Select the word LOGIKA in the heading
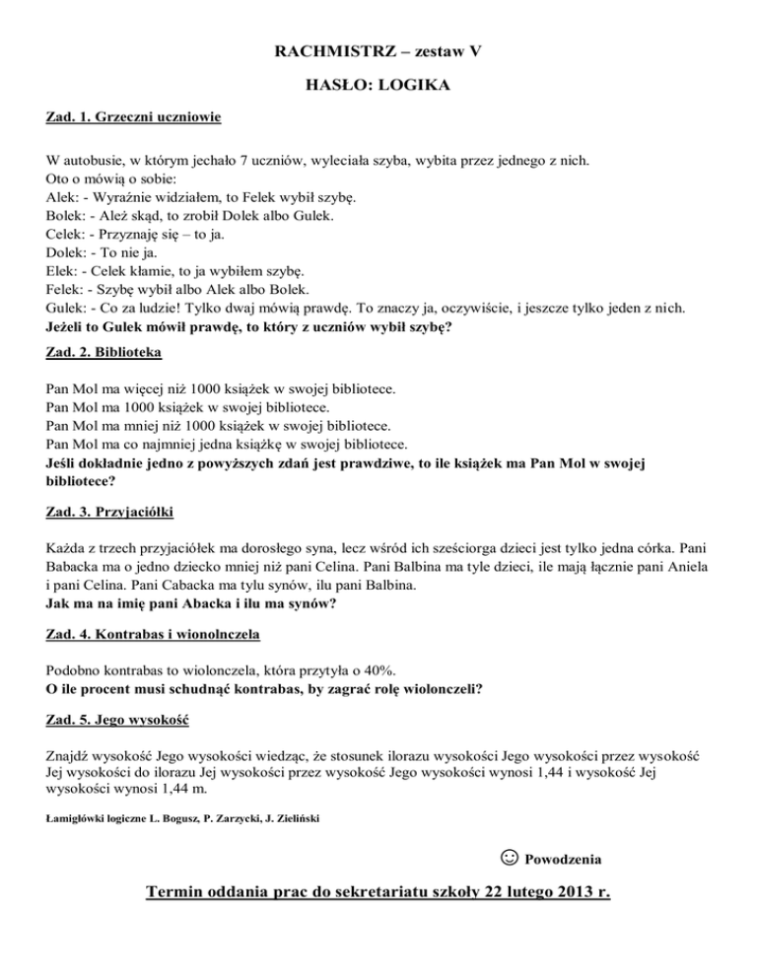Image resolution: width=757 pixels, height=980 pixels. [417, 88]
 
